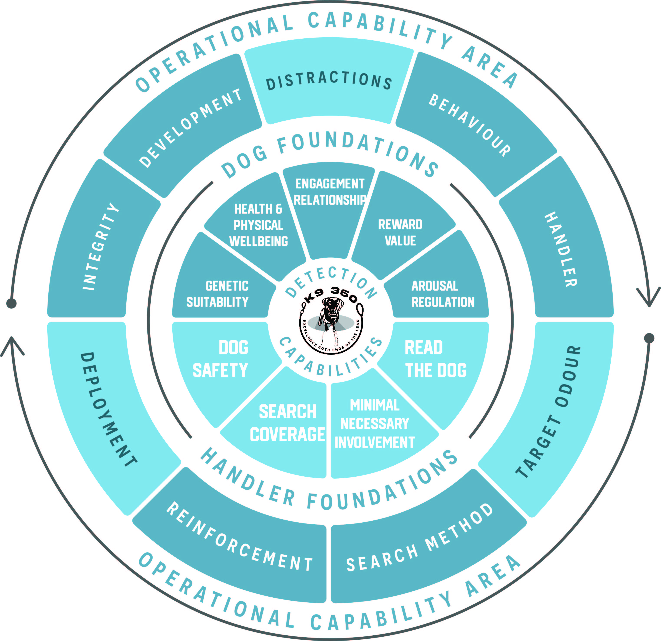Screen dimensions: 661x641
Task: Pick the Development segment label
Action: tap(191, 128)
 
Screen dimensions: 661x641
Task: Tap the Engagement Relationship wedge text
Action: tap(330, 192)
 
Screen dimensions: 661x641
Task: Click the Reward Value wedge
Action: tap(400, 233)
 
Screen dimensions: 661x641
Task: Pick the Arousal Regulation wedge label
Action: tap(443, 294)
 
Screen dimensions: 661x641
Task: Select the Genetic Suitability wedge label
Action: tap(218, 294)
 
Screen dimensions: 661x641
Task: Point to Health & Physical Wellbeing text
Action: tap(259, 225)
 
